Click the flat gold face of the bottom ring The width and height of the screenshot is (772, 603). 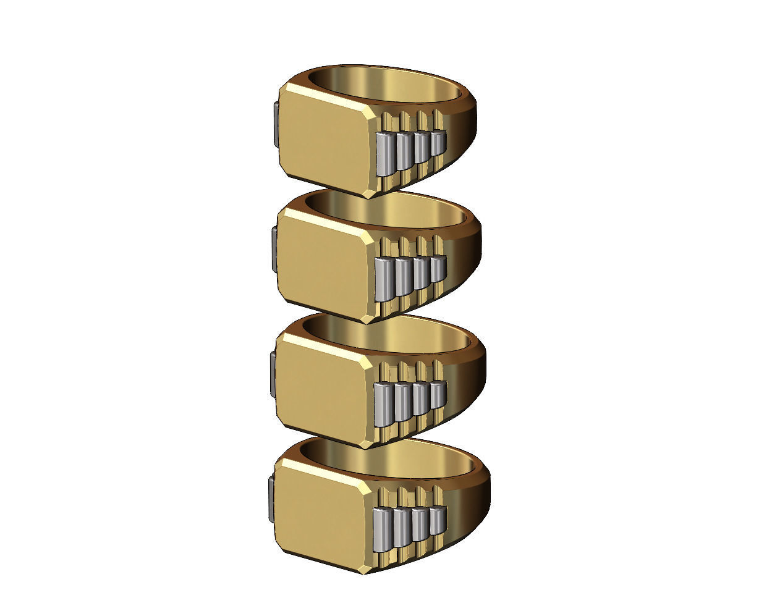click(321, 510)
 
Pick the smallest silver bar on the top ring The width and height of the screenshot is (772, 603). click(438, 143)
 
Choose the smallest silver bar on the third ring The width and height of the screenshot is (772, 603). click(438, 394)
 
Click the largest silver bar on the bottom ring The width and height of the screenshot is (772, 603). click(382, 530)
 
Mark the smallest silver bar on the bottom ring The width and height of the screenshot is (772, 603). click(437, 520)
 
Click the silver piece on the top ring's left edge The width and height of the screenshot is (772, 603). click(275, 124)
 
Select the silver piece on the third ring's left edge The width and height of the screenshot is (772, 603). click(273, 374)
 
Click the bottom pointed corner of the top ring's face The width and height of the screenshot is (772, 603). click(367, 196)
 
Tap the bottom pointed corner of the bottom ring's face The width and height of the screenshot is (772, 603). click(366, 572)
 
